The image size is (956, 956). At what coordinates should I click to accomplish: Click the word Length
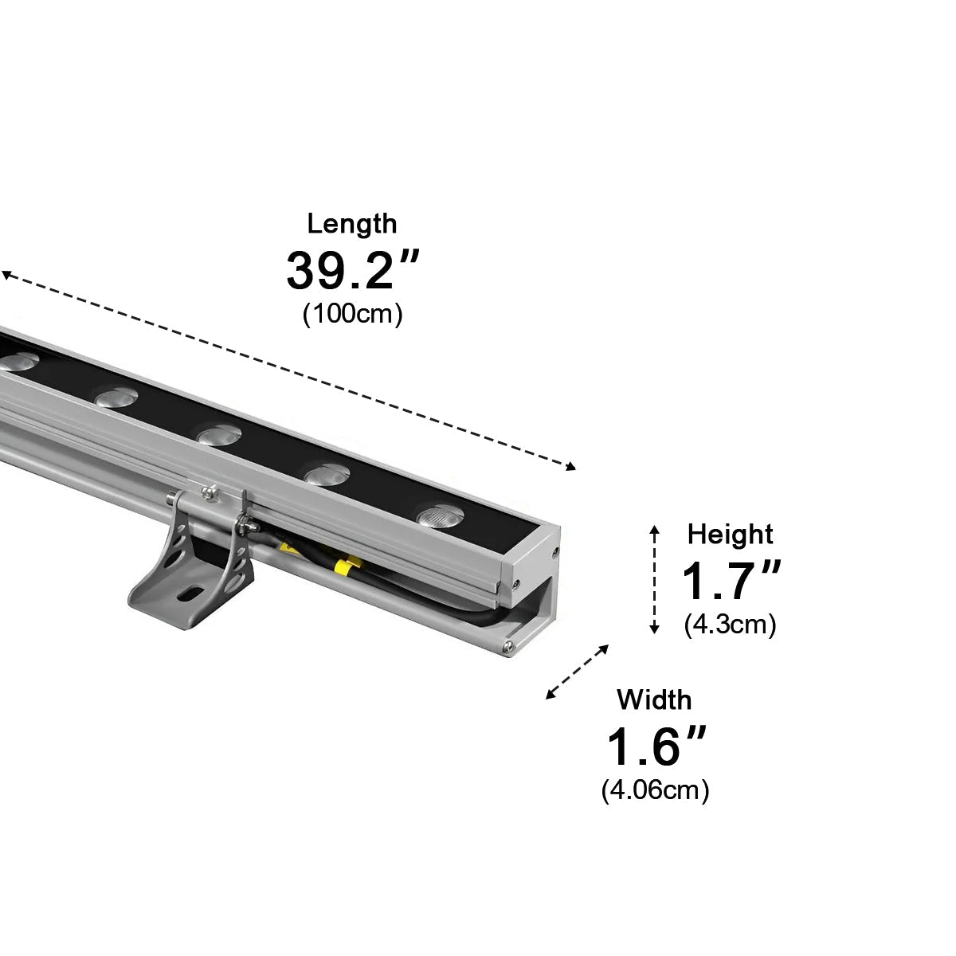coord(351,224)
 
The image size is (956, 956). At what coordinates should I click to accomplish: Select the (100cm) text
coord(352,314)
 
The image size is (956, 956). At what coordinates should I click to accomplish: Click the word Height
coord(730,534)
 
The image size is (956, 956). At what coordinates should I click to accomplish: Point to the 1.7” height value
coord(731,581)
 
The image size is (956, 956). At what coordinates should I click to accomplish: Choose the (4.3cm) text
coord(730,625)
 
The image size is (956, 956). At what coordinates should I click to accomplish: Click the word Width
coord(654,700)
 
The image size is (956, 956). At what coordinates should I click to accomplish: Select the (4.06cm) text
coord(655,790)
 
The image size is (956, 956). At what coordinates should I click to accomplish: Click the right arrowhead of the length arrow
coord(570,468)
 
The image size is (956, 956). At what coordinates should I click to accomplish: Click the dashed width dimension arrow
coord(578,672)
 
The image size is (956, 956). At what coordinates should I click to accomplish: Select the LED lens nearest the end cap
coord(439,515)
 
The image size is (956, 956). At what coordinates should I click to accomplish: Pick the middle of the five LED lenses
coord(219,435)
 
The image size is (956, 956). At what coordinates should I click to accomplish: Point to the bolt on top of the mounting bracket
coord(209,492)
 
